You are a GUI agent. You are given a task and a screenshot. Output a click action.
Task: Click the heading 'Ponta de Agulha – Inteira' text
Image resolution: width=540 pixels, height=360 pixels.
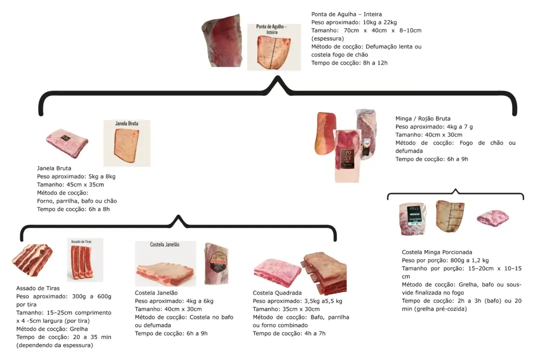[346, 14]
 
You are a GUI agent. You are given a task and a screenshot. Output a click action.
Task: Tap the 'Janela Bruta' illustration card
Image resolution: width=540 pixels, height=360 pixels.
[126, 143]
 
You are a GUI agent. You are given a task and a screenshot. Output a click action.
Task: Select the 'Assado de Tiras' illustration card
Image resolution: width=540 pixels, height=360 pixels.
[85, 260]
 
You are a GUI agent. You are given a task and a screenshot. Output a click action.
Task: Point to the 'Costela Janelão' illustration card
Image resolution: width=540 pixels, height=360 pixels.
[165, 263]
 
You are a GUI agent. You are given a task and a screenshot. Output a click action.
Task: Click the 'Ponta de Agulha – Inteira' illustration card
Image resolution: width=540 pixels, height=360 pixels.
[274, 47]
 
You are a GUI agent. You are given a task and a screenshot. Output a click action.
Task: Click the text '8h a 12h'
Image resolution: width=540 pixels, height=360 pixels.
[375, 62]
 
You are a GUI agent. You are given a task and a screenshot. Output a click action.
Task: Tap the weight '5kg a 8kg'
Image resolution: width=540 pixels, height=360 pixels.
[102, 176]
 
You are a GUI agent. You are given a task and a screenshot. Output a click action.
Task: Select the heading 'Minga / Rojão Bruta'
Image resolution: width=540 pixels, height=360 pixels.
[423, 118]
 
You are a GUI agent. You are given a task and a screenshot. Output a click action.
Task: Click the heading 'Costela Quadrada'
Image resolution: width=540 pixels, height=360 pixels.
[277, 293]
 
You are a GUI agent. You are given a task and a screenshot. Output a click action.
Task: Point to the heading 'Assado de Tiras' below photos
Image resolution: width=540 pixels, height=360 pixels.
[38, 288]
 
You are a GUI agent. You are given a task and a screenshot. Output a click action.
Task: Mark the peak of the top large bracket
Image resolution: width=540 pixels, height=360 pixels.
[277, 78]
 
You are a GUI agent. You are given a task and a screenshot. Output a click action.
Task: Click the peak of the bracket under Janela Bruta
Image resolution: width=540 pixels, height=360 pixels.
[178, 216]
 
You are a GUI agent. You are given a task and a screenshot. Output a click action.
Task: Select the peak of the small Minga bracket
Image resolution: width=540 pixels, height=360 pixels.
[455, 189]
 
